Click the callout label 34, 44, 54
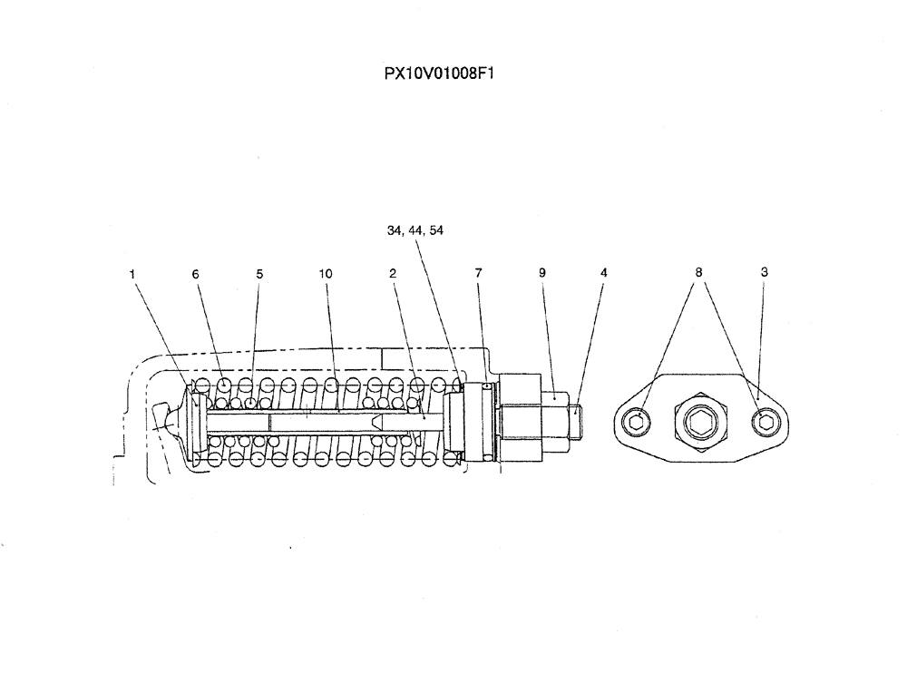tap(415, 230)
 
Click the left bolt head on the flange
tap(639, 420)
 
